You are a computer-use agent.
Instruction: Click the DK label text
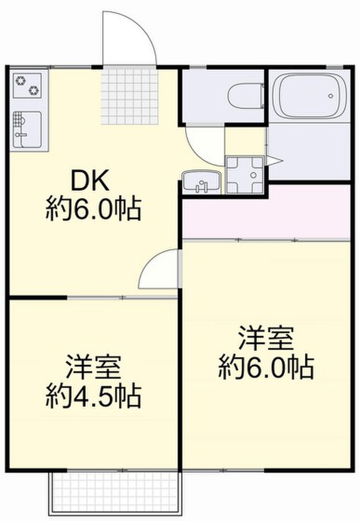90,182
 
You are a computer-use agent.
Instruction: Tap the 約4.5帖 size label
93,396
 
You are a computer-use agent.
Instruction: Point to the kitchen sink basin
27,130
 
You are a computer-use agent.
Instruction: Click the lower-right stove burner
34,90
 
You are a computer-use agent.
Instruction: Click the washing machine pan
245,175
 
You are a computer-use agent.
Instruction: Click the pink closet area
266,212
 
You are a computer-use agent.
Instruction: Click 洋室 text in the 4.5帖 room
93,366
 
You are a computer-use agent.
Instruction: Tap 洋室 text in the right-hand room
266,338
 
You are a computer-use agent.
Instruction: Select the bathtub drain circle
330,96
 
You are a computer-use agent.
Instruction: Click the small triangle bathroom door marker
274,161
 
